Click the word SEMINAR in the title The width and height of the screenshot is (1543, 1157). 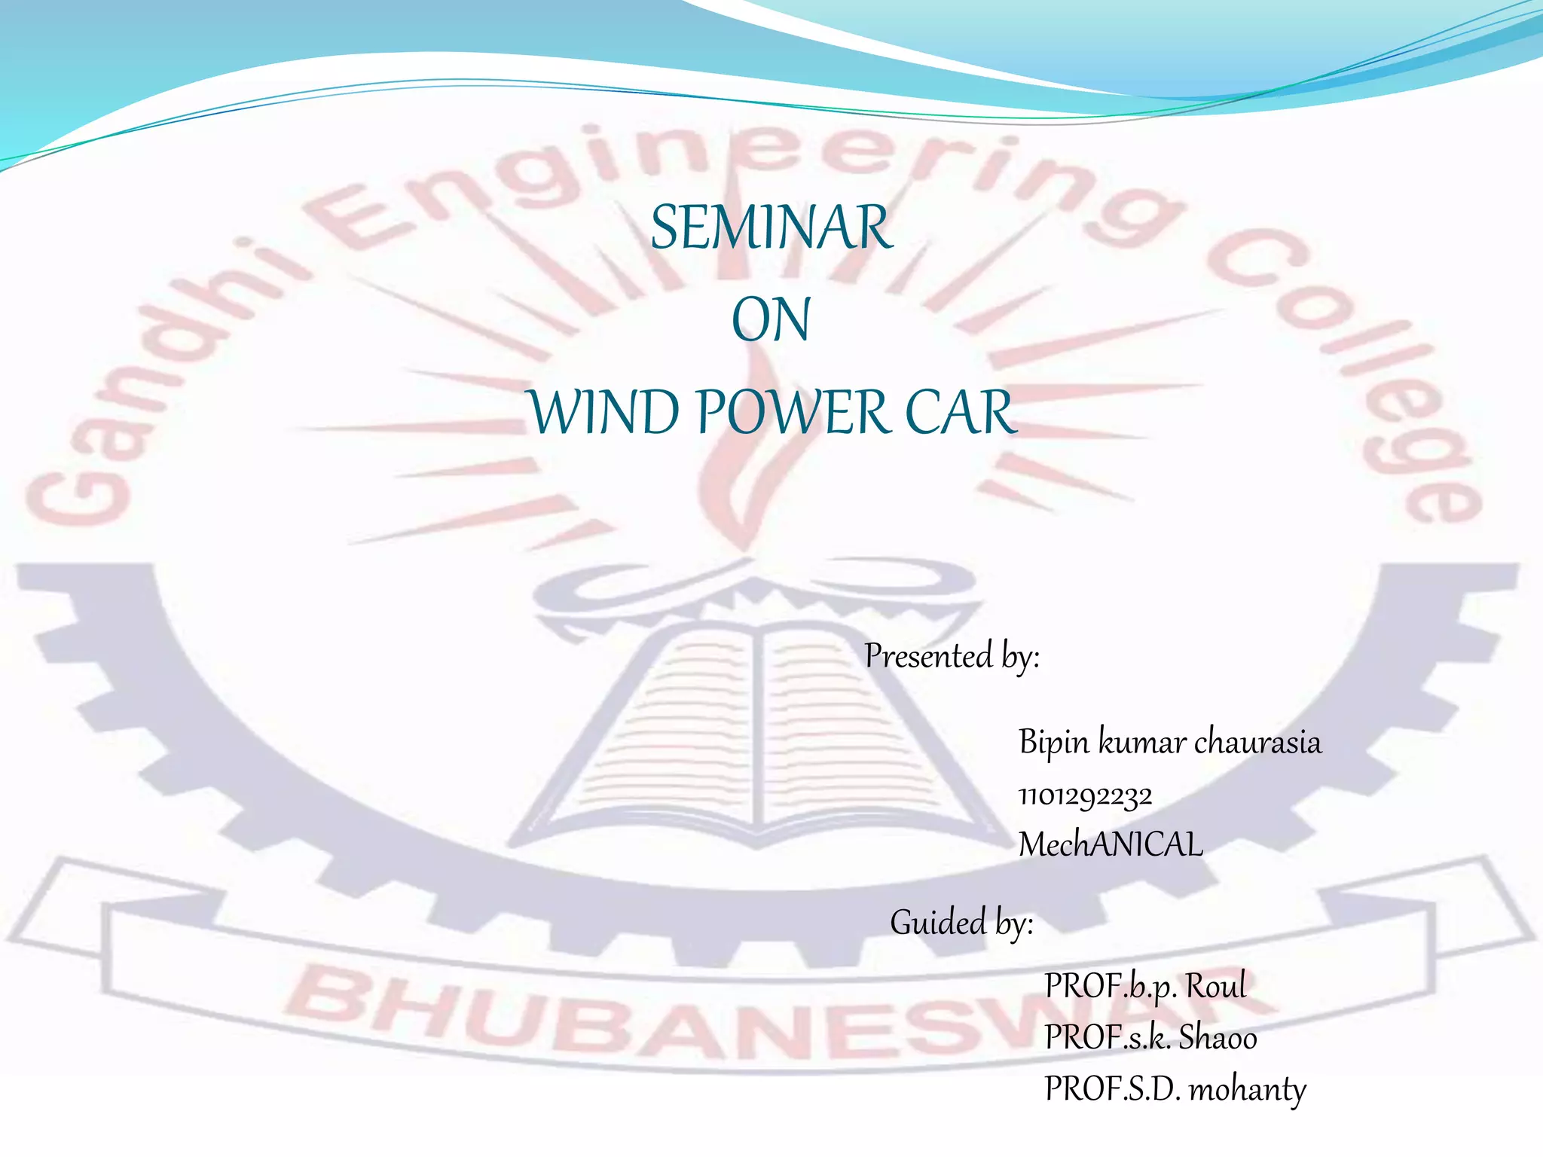[771, 227]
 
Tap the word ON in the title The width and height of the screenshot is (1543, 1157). [771, 320]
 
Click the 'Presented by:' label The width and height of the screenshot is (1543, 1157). [952, 656]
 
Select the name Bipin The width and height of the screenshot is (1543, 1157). [1053, 743]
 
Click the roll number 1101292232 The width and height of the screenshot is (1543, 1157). [1085, 796]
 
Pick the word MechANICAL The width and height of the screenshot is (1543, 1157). [1111, 844]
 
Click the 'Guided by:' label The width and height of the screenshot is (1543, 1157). [961, 923]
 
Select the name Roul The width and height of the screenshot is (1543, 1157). [1216, 986]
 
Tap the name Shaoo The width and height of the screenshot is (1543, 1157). [1218, 1038]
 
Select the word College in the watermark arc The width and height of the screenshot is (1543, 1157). [1356, 362]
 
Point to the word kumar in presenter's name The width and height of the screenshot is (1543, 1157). [1142, 743]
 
